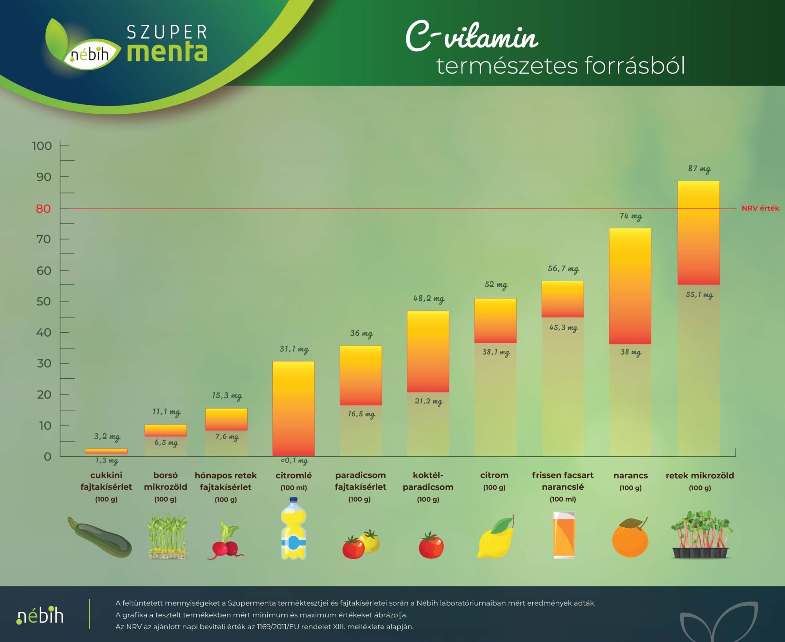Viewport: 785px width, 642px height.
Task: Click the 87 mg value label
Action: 699,169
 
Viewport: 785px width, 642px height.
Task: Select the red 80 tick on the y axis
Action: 44,208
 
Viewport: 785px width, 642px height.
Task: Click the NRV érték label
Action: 760,208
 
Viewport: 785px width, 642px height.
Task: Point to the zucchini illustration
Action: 100,537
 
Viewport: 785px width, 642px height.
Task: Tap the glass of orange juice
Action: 564,534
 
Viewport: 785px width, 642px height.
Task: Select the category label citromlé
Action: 294,476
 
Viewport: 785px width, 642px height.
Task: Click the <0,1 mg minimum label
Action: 294,460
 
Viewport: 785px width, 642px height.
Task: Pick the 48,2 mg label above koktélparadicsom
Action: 428,299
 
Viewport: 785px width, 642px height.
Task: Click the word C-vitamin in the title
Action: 471,37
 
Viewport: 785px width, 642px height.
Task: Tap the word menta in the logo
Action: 167,52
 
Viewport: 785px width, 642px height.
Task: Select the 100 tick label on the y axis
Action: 42,146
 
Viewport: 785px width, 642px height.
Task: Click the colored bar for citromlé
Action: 294,408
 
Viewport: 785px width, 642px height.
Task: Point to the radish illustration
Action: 225,542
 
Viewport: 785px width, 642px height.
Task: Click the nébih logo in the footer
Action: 40,615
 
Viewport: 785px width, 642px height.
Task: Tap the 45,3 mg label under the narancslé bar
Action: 563,327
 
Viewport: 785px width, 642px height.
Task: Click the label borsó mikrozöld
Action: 165,481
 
